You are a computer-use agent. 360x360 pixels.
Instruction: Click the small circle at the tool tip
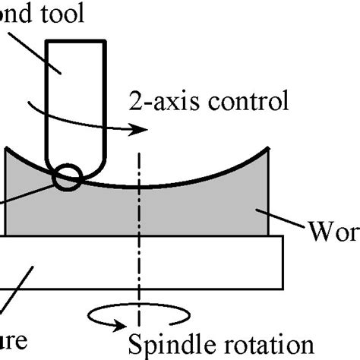point(68,177)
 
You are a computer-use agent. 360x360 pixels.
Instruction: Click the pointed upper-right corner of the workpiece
point(269,148)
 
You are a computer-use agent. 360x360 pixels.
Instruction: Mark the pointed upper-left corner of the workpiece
point(7,148)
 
